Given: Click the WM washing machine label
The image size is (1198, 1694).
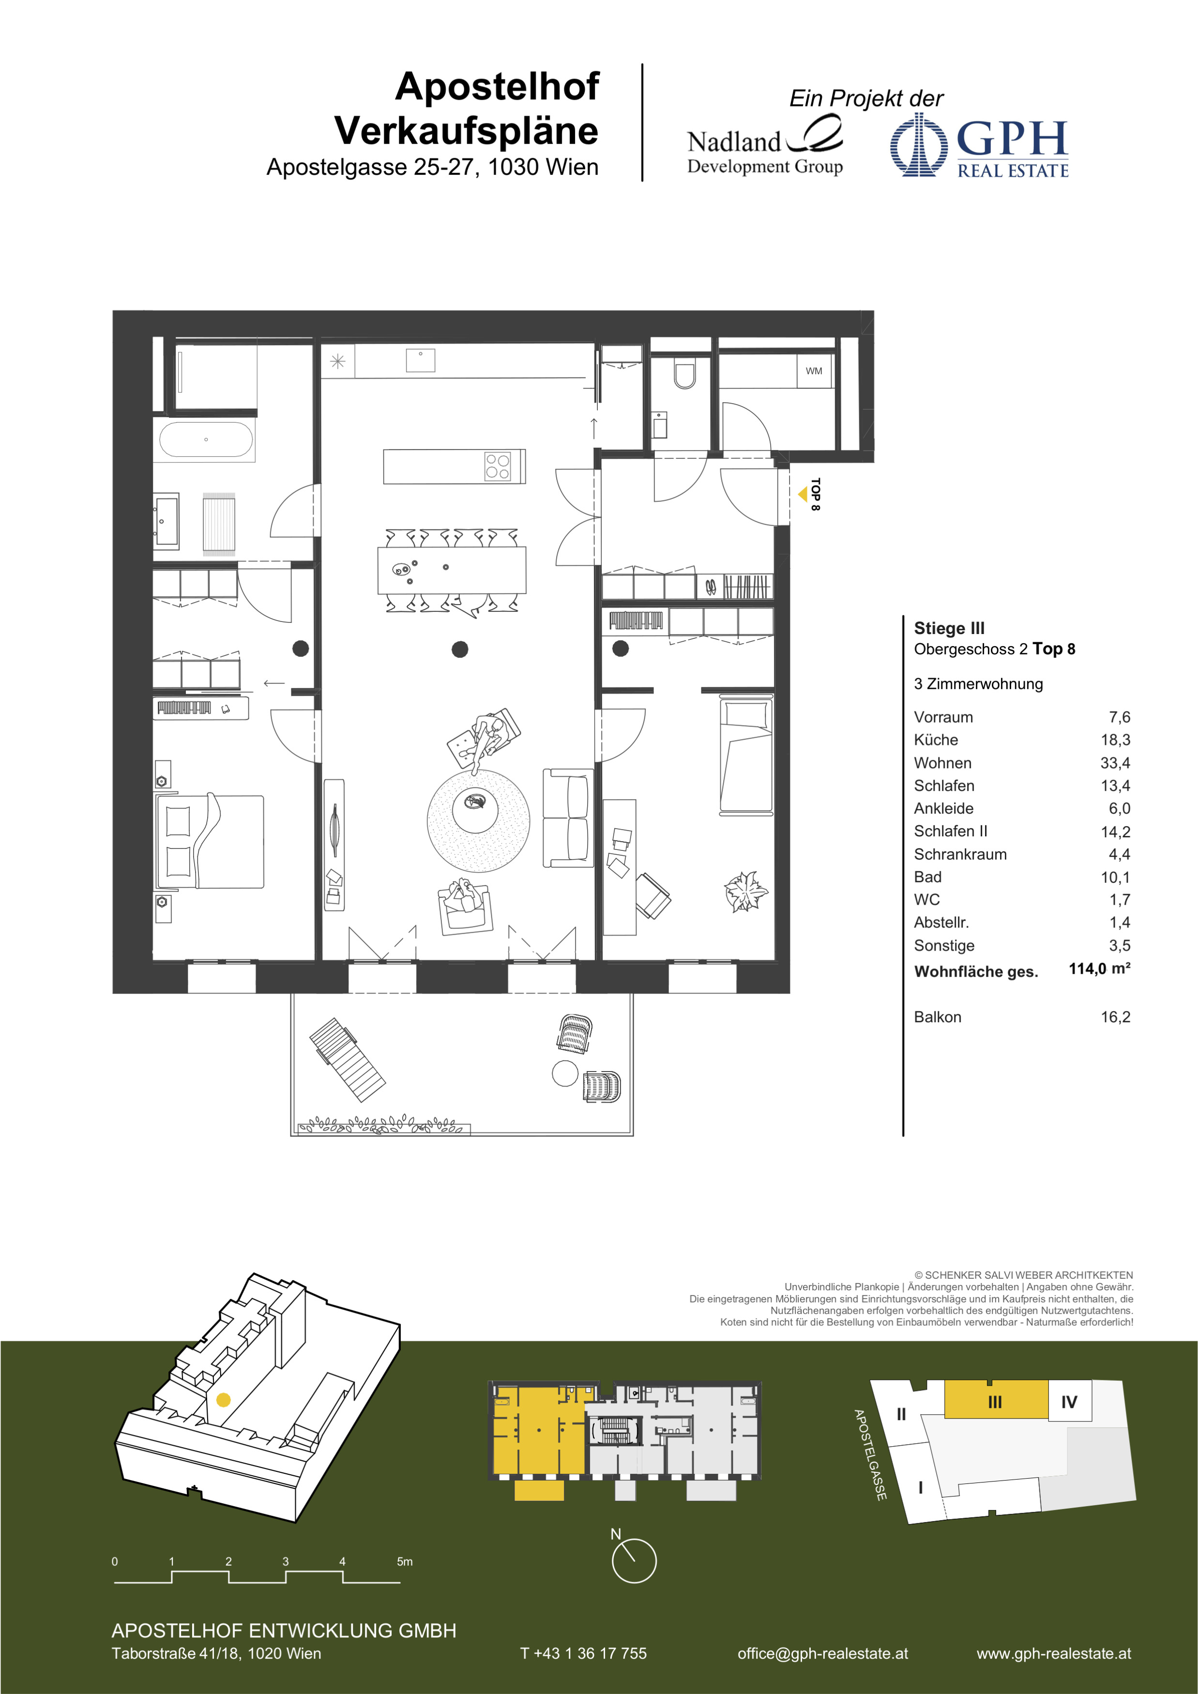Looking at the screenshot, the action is (x=814, y=371).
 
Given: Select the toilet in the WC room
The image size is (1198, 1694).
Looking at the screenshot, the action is (x=684, y=375).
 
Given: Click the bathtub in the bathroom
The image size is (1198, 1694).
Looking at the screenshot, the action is (x=206, y=440).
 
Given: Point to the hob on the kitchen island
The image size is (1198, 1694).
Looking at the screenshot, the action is (x=497, y=466).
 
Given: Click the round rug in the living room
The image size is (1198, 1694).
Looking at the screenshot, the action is (x=478, y=820).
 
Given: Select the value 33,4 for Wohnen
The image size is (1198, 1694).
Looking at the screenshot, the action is (x=1115, y=763).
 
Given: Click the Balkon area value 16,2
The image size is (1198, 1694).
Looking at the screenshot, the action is (x=1115, y=1017).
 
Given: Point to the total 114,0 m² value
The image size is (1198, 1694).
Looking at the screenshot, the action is (x=1099, y=969).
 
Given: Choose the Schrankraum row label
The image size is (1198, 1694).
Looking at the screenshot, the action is (x=960, y=854).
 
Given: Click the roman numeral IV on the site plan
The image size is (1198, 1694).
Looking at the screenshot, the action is (x=1069, y=1402).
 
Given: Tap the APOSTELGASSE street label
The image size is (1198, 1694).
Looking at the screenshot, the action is (x=870, y=1455).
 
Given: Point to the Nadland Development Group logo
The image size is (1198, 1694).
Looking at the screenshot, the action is (x=765, y=148).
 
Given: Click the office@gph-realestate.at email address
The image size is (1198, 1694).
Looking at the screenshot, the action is (x=822, y=1653).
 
